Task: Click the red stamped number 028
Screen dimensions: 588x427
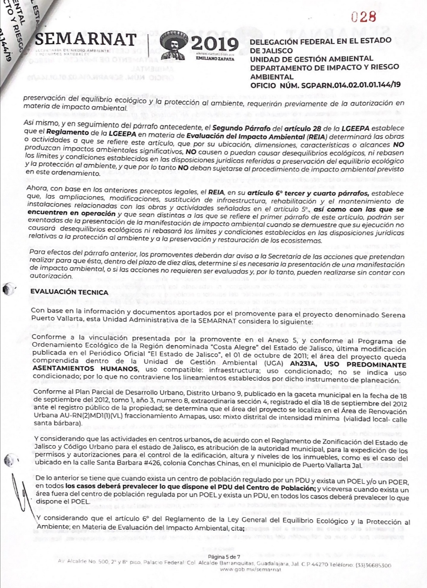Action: coord(363,17)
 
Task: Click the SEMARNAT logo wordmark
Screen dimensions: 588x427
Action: coord(86,39)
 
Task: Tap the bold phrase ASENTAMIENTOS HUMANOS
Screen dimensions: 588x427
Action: coord(85,369)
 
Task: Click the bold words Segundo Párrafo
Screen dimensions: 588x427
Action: coord(241,128)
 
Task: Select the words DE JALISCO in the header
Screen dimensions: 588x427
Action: coord(271,51)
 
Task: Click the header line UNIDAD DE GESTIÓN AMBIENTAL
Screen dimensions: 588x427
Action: coord(312,59)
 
